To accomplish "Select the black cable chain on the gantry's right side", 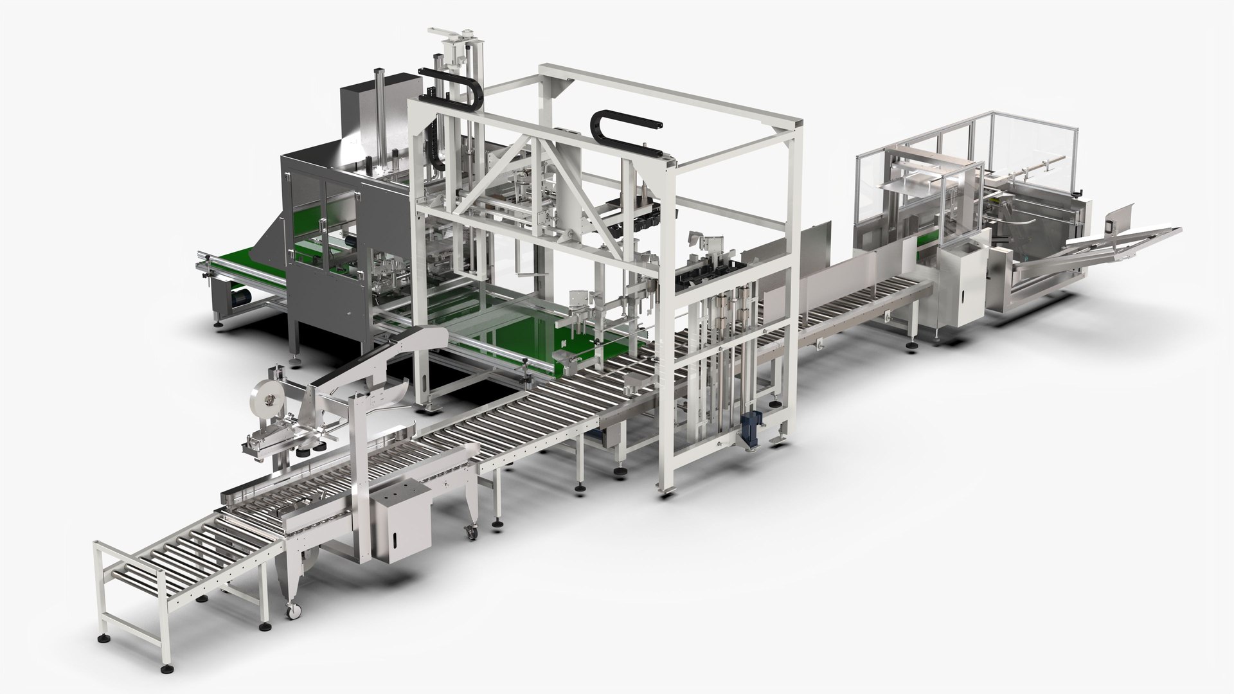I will [x=627, y=132].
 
